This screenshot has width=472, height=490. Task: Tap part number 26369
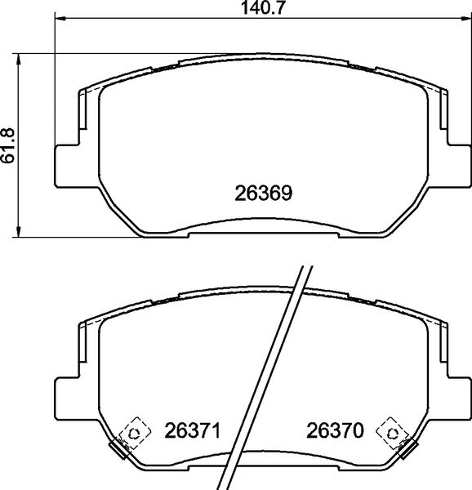(264, 194)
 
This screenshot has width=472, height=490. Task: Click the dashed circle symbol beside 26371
(132, 431)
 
